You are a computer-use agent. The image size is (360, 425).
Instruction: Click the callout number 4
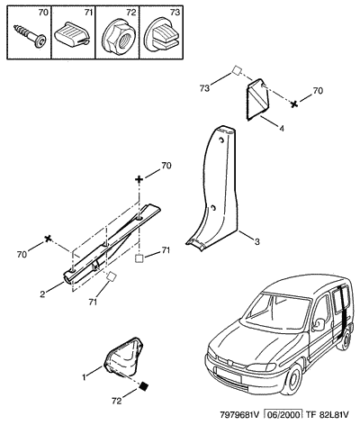coord(281,129)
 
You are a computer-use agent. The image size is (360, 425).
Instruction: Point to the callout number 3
coord(257,241)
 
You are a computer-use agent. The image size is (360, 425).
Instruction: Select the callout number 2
coord(42,294)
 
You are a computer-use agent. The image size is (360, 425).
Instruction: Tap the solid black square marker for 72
coord(144,385)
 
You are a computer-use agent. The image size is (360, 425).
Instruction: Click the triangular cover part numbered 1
coord(124,357)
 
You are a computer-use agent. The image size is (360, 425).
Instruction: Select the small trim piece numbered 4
coord(258,99)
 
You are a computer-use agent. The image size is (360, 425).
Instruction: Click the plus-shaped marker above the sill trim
coord(139,179)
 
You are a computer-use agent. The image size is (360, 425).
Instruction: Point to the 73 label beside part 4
coord(205,89)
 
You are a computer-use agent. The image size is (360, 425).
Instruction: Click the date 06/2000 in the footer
coord(282,415)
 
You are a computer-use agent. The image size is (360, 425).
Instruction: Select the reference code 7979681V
coord(239,415)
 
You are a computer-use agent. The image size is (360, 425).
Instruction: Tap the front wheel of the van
coord(292,379)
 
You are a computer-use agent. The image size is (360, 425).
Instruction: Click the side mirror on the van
coord(318,324)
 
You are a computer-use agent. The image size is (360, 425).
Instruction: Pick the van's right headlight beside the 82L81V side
coord(261,366)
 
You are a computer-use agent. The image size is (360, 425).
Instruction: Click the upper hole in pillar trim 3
coord(221,140)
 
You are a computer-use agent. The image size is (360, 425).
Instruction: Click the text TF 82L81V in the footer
coord(328,415)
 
